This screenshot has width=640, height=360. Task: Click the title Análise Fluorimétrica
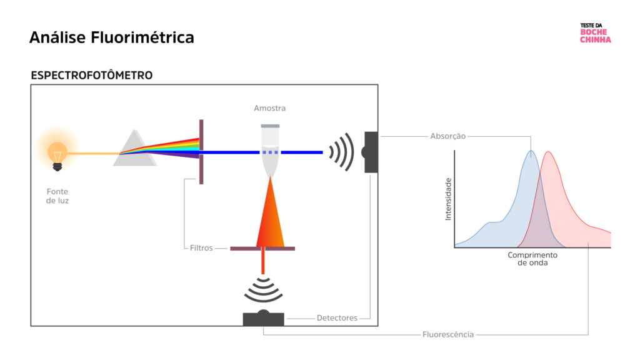(x=111, y=37)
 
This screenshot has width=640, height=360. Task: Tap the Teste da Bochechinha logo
(x=595, y=34)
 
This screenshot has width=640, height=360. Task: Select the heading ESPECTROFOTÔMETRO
(x=91, y=76)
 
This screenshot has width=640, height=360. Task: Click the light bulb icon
(x=57, y=152)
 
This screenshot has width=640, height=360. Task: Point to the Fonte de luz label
(x=57, y=196)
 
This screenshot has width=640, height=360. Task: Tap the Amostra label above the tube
(x=269, y=108)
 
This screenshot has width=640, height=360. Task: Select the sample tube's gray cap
(x=270, y=126)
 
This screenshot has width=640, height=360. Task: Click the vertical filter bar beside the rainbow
(x=201, y=152)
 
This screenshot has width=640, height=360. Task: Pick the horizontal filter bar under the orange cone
(x=262, y=248)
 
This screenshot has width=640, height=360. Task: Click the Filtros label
(x=201, y=248)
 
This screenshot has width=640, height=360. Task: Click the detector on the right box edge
(x=370, y=152)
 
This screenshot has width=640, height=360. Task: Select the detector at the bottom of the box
(x=263, y=318)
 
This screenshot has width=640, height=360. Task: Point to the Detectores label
(x=337, y=318)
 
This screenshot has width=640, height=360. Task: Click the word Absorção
(x=447, y=136)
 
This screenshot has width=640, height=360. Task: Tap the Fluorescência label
(x=448, y=334)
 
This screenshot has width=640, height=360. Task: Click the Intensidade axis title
(x=447, y=199)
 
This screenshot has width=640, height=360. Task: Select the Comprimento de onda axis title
(x=532, y=259)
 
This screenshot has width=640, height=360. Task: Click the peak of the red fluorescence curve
(x=548, y=153)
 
